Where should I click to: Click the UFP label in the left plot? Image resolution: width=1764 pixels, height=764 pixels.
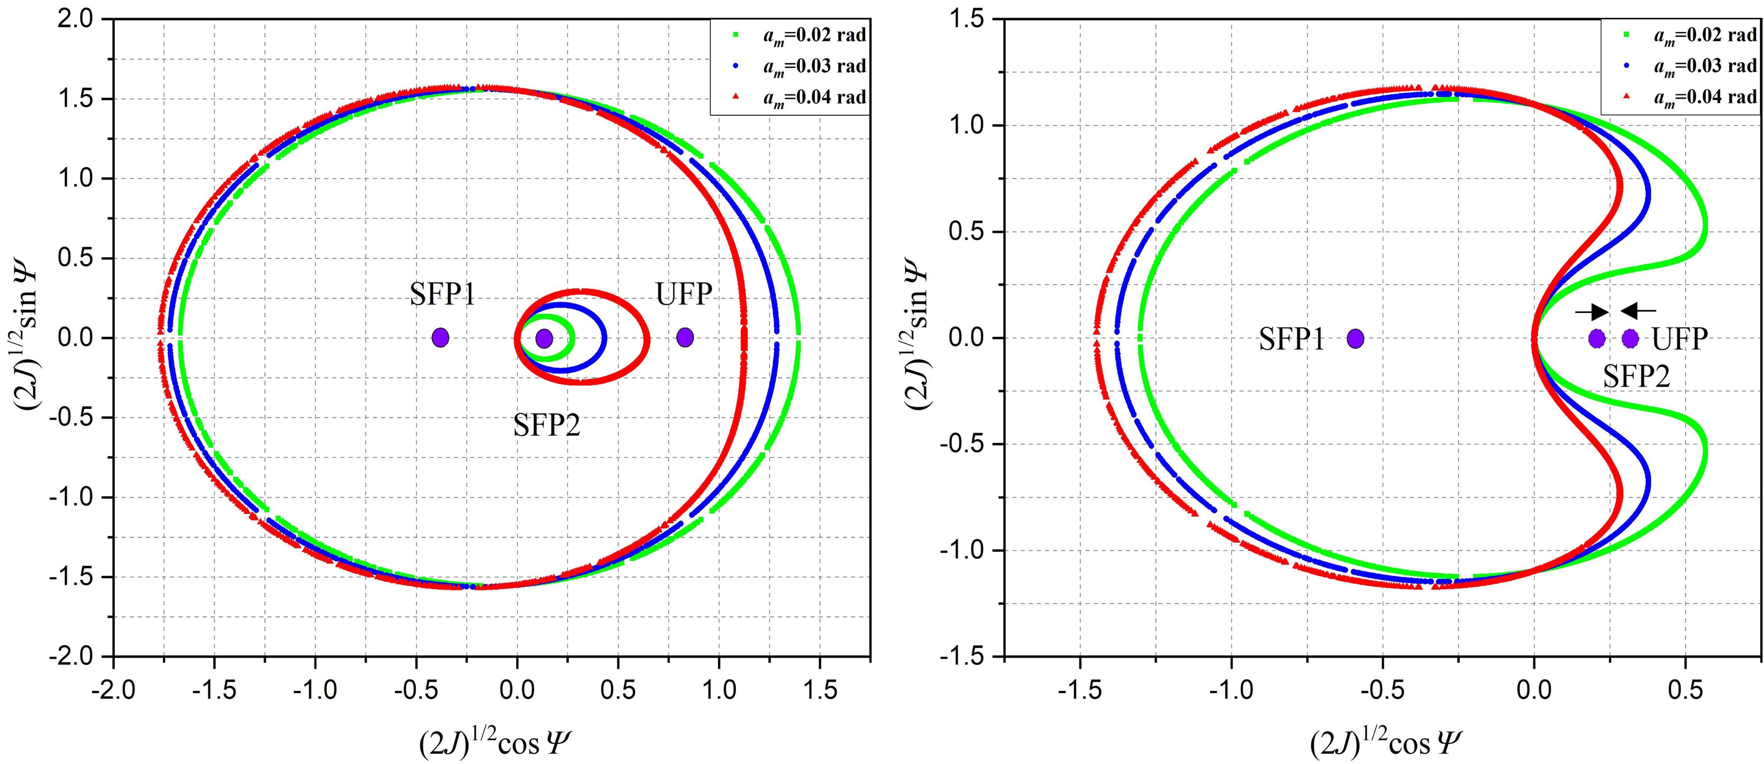(683, 294)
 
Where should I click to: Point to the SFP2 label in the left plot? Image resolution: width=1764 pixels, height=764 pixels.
(546, 426)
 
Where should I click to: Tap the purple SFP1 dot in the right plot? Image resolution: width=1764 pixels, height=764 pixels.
(1355, 338)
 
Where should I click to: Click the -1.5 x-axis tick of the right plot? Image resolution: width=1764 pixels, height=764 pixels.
(1080, 689)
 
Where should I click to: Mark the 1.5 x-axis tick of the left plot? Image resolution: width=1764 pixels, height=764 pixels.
(820, 689)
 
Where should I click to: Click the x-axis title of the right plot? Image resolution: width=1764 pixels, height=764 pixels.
(1381, 743)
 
